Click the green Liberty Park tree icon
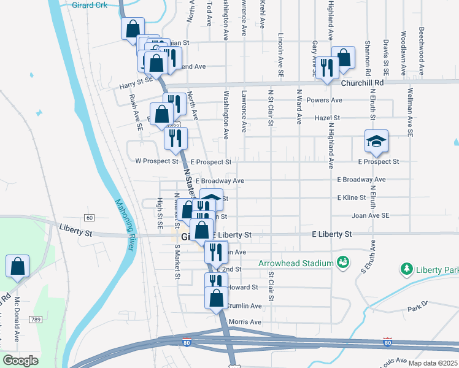click(x=406, y=269)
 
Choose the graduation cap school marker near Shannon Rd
click(x=376, y=142)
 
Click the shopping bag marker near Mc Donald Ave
click(x=18, y=267)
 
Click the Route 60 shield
click(x=90, y=218)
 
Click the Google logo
click(x=20, y=361)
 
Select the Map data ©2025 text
click(x=433, y=363)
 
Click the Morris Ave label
click(x=245, y=322)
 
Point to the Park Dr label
click(x=420, y=304)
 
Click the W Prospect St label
click(x=156, y=162)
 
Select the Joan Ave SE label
click(x=371, y=216)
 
